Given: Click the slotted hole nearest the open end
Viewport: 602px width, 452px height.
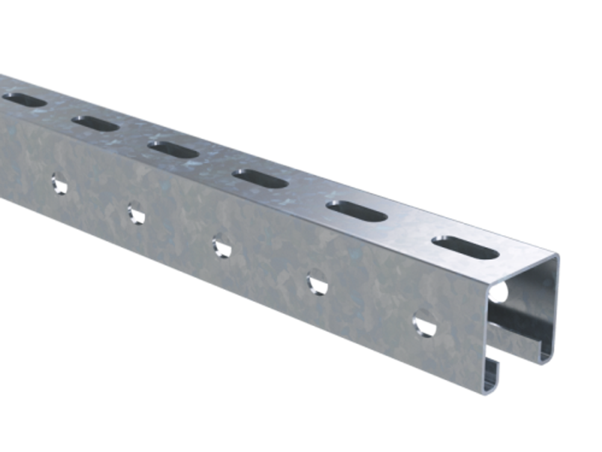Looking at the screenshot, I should (x=465, y=247).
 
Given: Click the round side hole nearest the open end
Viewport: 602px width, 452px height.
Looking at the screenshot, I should (x=425, y=323).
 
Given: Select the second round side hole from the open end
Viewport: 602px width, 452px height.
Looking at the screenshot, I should (x=317, y=283).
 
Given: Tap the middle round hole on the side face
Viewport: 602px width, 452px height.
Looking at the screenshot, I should (x=221, y=246).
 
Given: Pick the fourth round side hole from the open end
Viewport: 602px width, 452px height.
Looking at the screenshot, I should (x=136, y=213).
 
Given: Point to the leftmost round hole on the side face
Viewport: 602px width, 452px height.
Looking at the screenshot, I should (x=59, y=183).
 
